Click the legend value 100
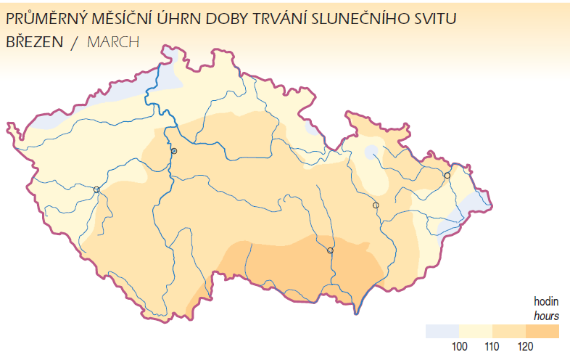459,347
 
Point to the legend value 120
526,347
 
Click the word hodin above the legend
546,302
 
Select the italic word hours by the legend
546,316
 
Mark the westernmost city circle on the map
96,189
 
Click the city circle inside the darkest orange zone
330,250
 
